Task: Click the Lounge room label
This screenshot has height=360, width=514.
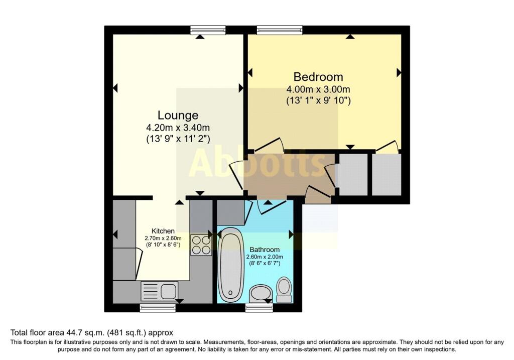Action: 178,115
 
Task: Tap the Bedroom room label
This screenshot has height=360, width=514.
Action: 318,77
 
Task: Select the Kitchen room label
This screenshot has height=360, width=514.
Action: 163,231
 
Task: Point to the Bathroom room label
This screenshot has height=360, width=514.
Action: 265,250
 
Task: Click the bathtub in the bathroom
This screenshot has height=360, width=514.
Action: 231,263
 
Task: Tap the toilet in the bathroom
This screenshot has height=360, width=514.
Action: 284,291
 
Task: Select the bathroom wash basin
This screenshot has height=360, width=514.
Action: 261,293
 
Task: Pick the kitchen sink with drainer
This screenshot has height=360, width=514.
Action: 160,291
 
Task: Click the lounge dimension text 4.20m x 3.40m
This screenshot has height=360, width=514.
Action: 178,127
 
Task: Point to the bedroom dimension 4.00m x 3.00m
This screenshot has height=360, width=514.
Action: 318,89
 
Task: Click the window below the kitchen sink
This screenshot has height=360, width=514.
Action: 151,308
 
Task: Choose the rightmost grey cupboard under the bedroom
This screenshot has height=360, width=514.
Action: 386,174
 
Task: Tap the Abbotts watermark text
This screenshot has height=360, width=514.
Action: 258,163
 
